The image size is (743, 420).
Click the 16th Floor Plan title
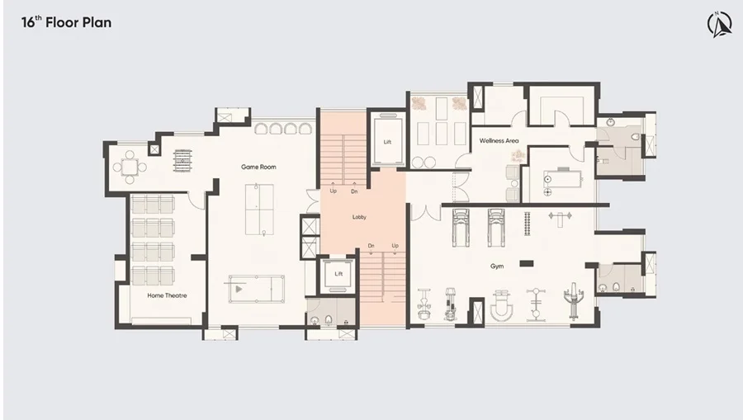pyautogui.click(x=66, y=22)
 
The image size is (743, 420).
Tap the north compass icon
pyautogui.click(x=719, y=24)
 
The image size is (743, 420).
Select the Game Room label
pyautogui.click(x=258, y=167)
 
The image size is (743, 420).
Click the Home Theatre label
pyautogui.click(x=167, y=295)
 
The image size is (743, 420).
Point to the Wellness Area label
pyautogui.click(x=499, y=140)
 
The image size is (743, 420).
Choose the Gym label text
pyautogui.click(x=497, y=267)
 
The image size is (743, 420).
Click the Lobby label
pyautogui.click(x=359, y=217)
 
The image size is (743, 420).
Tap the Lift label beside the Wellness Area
pyautogui.click(x=387, y=142)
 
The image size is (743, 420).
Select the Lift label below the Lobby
pyautogui.click(x=338, y=274)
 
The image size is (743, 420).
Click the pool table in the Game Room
pyautogui.click(x=257, y=289)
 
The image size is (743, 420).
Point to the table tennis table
pyautogui.click(x=260, y=209)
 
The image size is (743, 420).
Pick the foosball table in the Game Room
pyautogui.click(x=183, y=161)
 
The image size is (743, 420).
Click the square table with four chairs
pyautogui.click(x=130, y=168)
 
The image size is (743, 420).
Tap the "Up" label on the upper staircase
pyautogui.click(x=334, y=191)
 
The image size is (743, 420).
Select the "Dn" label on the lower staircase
pyautogui.click(x=371, y=246)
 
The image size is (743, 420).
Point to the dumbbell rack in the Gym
pyautogui.click(x=527, y=224)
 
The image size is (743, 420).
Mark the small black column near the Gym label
pyautogui.click(x=527, y=264)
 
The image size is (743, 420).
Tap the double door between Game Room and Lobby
pyautogui.click(x=313, y=201)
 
